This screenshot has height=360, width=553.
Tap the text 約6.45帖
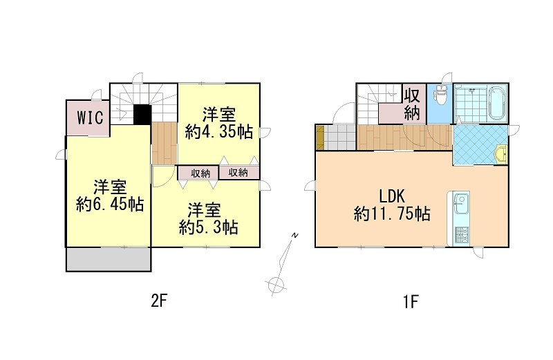109,205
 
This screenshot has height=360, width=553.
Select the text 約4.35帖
218,131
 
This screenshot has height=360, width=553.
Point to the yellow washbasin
503,155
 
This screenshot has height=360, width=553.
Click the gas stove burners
460,235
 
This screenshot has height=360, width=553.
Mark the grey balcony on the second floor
108,259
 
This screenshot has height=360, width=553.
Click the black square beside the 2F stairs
142,115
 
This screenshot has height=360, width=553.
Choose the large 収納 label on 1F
413,103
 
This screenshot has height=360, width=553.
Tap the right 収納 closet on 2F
238,173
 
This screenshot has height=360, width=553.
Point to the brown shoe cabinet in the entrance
319,137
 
